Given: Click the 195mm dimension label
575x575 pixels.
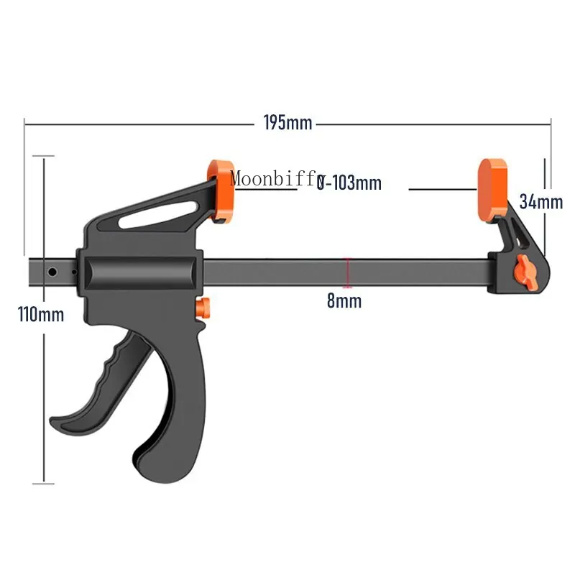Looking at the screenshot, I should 287,123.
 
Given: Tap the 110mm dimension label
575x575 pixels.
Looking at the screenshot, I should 41,314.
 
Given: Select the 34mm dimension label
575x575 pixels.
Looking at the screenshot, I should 540,202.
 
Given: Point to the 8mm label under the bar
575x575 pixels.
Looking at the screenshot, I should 344,300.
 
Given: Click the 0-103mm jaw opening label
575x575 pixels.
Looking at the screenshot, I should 349,183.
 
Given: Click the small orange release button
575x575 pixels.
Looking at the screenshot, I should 204,308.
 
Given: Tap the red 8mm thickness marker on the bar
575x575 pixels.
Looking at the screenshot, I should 348,272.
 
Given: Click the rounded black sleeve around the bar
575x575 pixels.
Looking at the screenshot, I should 139,273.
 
